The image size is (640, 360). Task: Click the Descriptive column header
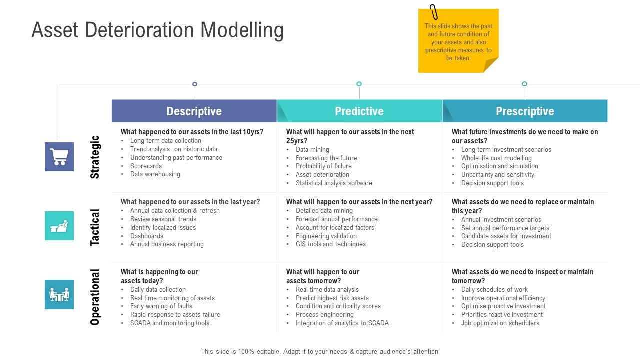194,111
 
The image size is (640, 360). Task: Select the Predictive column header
359,111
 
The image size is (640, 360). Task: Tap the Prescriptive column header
525,111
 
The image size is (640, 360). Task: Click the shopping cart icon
59,157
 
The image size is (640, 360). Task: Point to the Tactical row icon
59,226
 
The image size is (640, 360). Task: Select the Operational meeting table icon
59,295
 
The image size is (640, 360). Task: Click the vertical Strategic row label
95,157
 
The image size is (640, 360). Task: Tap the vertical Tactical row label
95,227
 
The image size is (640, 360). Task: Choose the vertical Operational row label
95,297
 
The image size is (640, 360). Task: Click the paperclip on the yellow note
433,12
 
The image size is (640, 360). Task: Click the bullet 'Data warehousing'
155,174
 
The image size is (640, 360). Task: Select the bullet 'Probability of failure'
323,166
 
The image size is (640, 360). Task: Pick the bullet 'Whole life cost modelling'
496,158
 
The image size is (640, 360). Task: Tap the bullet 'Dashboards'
147,236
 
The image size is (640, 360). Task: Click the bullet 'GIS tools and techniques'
330,244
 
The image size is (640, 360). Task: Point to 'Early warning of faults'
161,306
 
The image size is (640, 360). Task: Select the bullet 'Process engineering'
324,315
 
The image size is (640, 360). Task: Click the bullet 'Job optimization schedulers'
500,323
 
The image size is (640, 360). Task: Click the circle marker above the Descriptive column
195,84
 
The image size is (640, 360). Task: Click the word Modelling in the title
242,30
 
